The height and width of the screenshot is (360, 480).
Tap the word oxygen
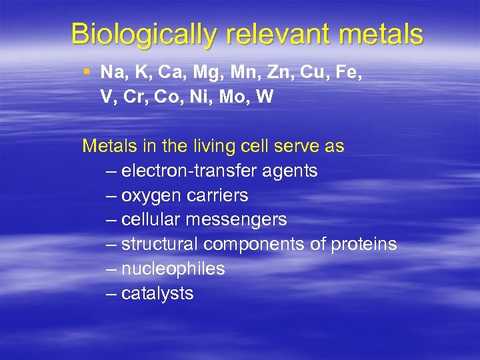(x=154, y=195)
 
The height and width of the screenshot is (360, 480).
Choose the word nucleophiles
(x=174, y=269)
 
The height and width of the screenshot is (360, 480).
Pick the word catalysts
(x=159, y=293)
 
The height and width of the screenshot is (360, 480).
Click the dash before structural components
(x=111, y=245)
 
